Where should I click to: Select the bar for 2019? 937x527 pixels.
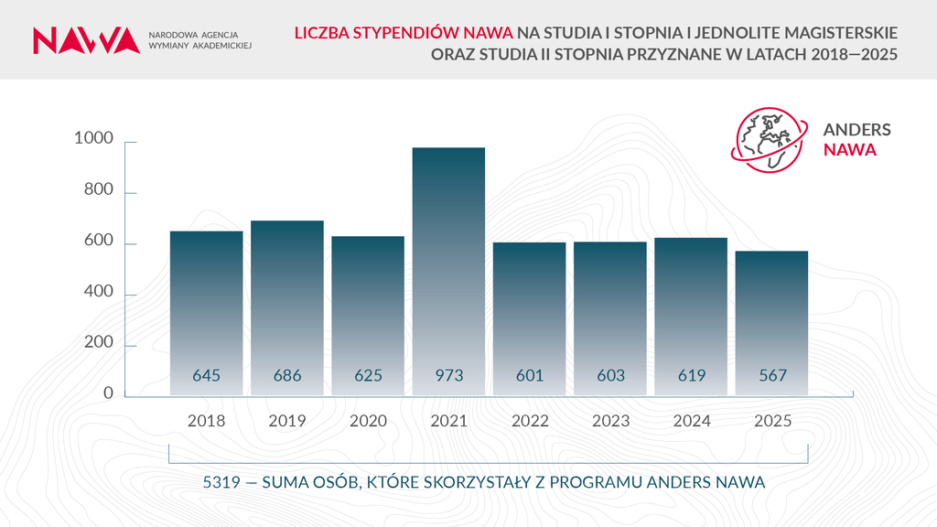pyautogui.click(x=287, y=302)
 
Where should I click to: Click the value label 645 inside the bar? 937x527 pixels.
pyautogui.click(x=207, y=375)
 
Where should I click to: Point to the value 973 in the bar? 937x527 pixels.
pyautogui.click(x=448, y=375)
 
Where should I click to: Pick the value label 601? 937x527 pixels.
pyautogui.click(x=530, y=375)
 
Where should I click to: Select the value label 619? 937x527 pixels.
pyautogui.click(x=691, y=375)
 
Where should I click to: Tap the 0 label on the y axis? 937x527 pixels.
pyautogui.click(x=107, y=393)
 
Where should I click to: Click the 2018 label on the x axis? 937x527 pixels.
pyautogui.click(x=206, y=422)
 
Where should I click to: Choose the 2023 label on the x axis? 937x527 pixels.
pyautogui.click(x=610, y=422)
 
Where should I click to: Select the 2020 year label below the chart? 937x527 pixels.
pyautogui.click(x=368, y=422)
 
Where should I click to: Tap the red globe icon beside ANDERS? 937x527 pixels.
pyautogui.click(x=769, y=139)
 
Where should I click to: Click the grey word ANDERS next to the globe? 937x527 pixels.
pyautogui.click(x=856, y=130)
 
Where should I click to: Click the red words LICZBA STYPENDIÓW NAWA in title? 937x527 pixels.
pyautogui.click(x=403, y=33)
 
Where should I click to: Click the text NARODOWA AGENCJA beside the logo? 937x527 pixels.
pyautogui.click(x=192, y=33)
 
